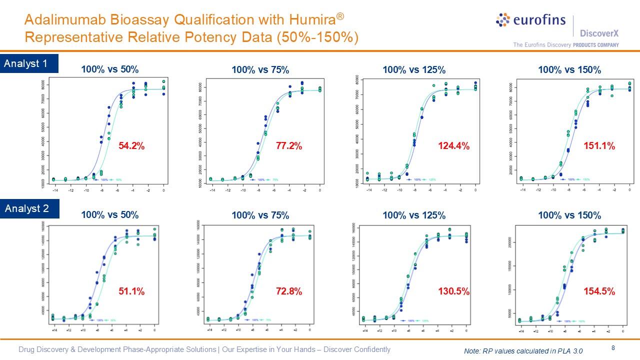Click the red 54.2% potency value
131,146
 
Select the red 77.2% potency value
289,146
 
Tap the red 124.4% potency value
453,146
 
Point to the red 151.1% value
599,146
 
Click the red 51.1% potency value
131,291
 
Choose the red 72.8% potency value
289,291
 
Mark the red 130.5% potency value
453,291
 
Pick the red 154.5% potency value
599,291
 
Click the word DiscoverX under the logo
599,33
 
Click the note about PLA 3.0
523,351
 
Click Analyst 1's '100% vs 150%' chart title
569,70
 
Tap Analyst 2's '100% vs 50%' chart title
110,215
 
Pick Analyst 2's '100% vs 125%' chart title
414,215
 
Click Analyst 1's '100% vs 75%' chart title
260,70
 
